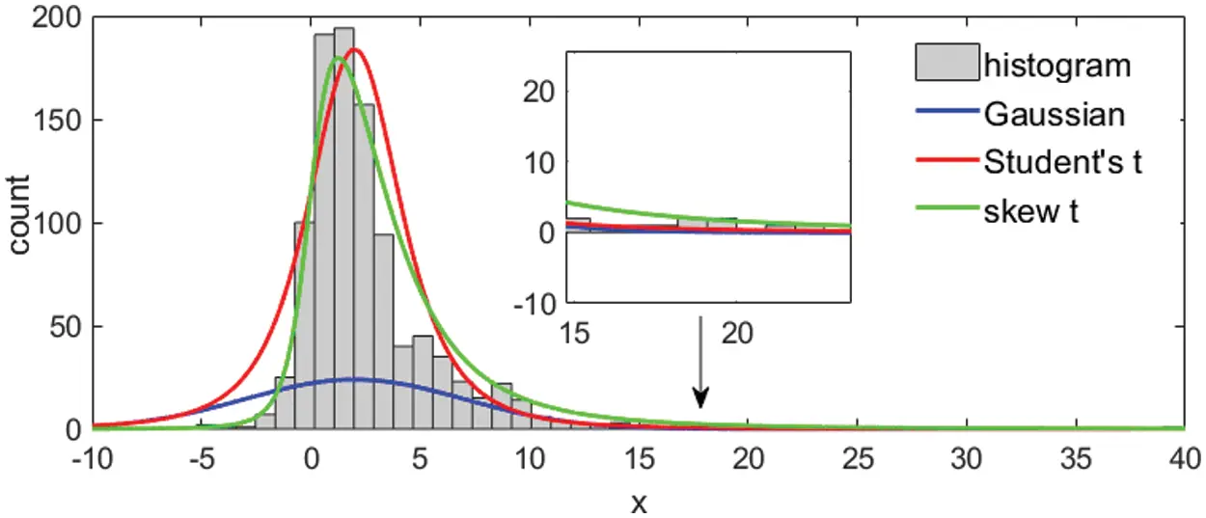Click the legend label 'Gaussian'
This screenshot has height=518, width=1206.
(1054, 115)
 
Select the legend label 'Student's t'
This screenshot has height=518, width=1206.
(1062, 163)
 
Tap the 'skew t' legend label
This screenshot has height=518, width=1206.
(1030, 211)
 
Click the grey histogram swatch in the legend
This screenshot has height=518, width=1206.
(947, 64)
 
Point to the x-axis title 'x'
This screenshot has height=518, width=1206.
(638, 502)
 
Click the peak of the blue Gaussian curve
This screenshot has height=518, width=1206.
(354, 379)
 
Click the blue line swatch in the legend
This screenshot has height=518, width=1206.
(947, 115)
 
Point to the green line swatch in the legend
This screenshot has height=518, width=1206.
(947, 211)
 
